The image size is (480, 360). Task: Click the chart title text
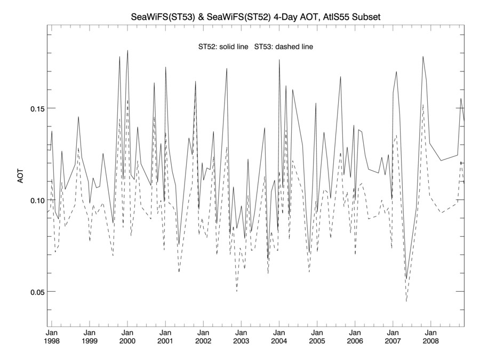coord(256,18)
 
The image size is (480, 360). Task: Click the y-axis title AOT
coord(21,175)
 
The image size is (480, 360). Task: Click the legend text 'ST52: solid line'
coord(223,47)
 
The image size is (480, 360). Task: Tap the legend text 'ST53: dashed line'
coord(284,47)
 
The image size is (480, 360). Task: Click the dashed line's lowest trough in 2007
coord(406,301)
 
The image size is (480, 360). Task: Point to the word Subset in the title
coord(366,18)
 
